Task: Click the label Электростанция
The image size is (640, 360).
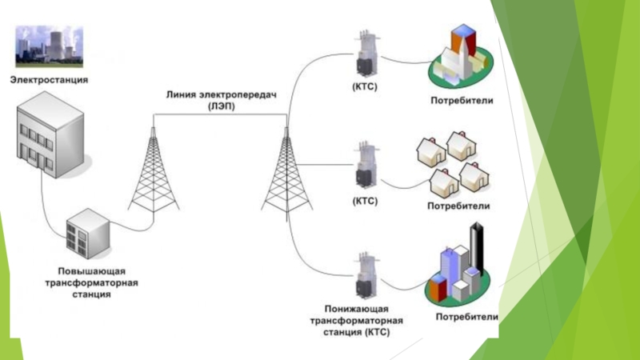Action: [x=48, y=80]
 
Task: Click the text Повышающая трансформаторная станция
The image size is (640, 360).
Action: [x=90, y=283]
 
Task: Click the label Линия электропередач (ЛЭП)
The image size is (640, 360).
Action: [x=220, y=99]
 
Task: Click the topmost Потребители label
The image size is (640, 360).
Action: [x=462, y=101]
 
